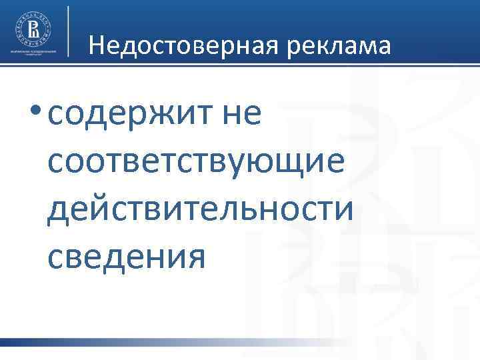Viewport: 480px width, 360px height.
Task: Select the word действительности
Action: (201, 209)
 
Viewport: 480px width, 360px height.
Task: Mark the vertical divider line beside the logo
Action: (69, 30)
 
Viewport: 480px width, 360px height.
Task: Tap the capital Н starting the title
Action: (95, 45)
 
